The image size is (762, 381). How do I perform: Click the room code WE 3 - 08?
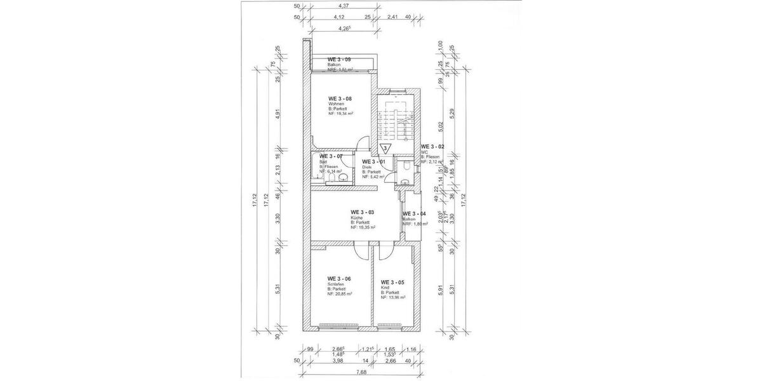click(x=340, y=99)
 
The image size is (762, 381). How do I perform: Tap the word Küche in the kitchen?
click(x=356, y=217)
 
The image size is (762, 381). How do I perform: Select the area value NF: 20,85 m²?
click(x=340, y=294)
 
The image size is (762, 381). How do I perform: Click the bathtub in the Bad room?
click(x=316, y=170)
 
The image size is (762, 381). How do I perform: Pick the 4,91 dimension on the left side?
click(x=276, y=115)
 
